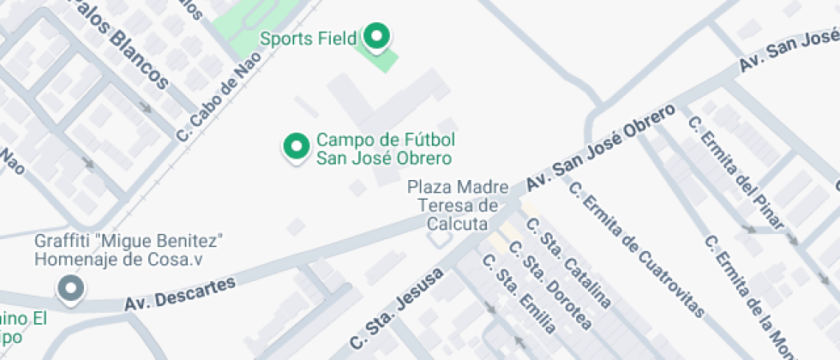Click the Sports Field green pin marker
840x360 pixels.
[x=376, y=36]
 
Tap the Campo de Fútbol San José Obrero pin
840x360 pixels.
[x=296, y=146]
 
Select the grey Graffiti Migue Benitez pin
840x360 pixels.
[x=69, y=288]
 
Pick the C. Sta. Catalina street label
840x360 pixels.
[x=569, y=263]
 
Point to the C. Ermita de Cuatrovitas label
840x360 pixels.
[x=637, y=249]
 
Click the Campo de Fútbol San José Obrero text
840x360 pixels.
[x=384, y=148]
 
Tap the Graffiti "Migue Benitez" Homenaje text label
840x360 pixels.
[x=129, y=248]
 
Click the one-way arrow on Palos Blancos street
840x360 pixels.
[x=146, y=108]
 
